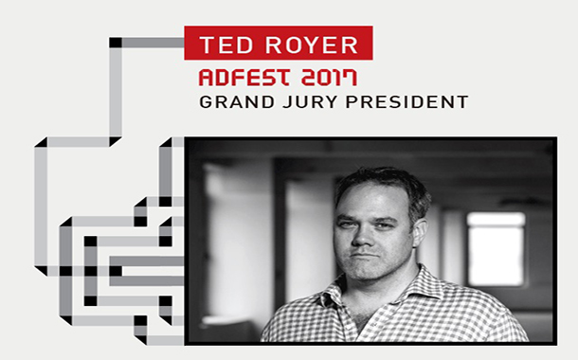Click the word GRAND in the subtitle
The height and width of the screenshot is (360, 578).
[x=229, y=101]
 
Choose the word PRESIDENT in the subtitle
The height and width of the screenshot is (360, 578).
[x=406, y=101]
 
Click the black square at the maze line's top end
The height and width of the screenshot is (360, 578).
[x=116, y=42]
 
